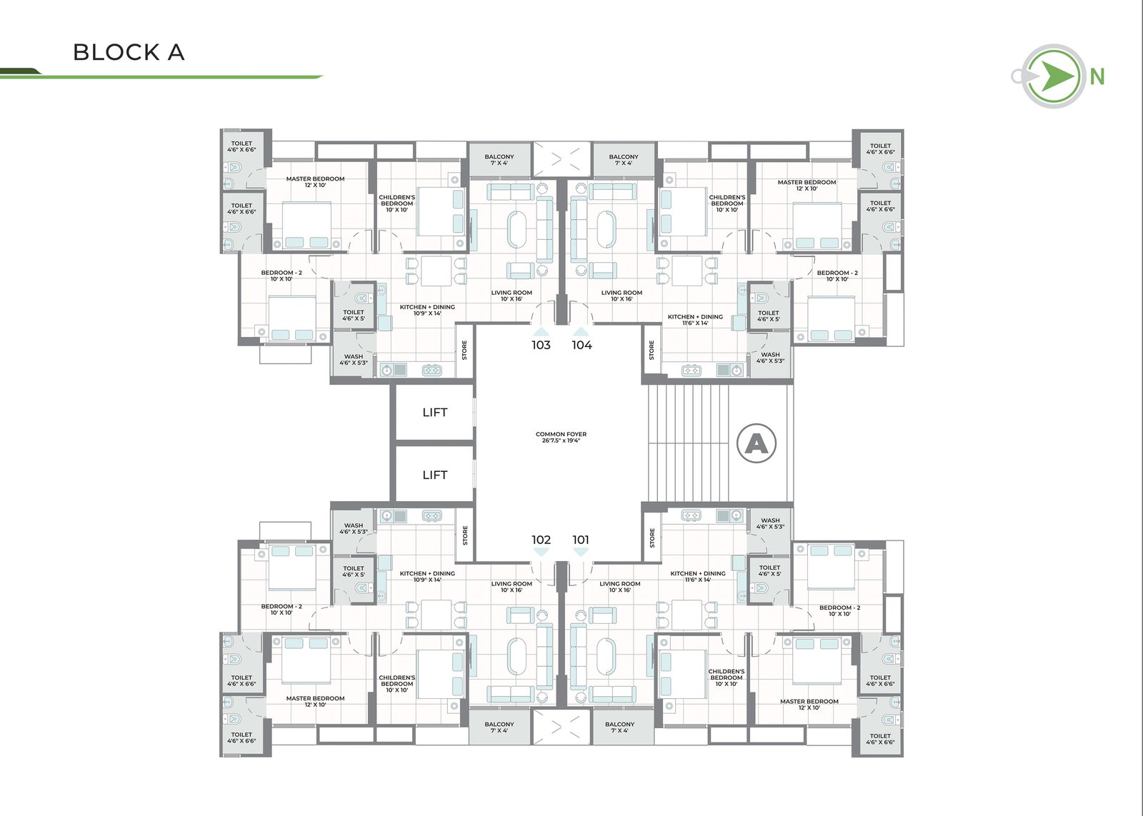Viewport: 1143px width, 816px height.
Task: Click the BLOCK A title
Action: coord(129,52)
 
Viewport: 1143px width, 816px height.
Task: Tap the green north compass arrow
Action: coord(1057,76)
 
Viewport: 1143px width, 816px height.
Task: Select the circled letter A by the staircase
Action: coord(757,444)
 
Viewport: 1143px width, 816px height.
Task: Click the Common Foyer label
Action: coord(561,437)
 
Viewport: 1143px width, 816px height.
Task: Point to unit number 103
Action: coord(541,346)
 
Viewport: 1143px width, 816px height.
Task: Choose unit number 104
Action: coord(582,346)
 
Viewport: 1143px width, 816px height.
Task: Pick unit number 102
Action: coord(541,540)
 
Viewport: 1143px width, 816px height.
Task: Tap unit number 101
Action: coord(581,540)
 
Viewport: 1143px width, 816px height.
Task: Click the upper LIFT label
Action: coord(435,412)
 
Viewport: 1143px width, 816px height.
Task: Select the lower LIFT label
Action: coord(435,475)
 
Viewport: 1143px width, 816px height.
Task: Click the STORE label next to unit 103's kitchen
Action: coord(464,351)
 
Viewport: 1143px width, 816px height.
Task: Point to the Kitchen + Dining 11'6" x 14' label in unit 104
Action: coord(695,320)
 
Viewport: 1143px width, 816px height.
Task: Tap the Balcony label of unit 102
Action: coord(499,727)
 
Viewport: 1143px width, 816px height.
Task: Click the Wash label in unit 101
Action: coord(770,523)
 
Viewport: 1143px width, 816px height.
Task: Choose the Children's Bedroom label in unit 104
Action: coord(727,203)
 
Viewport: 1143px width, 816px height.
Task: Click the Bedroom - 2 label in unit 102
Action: coord(281,610)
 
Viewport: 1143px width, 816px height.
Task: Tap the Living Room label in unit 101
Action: coord(620,587)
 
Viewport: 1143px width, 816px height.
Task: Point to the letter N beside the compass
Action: coord(1097,77)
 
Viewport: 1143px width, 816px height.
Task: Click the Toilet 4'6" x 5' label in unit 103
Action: coord(354,315)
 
